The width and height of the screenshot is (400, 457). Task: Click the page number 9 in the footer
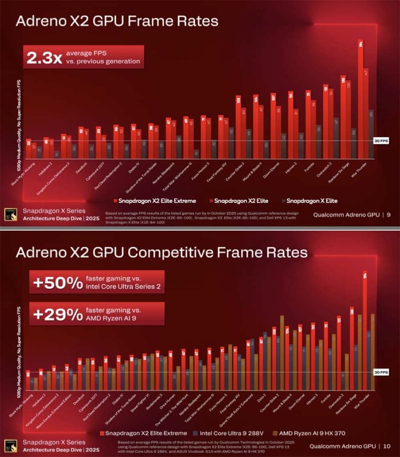point(389,215)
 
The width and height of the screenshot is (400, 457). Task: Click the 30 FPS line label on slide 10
point(382,372)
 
